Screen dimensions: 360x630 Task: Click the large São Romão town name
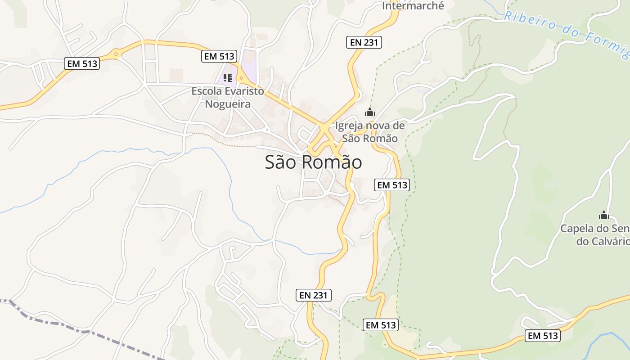pyautogui.click(x=313, y=162)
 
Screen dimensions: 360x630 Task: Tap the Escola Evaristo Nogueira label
pyautogui.click(x=228, y=97)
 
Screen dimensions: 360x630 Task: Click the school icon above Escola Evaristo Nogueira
pyautogui.click(x=228, y=78)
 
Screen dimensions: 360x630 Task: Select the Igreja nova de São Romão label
pyautogui.click(x=370, y=132)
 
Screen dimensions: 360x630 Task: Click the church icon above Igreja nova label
pyautogui.click(x=370, y=112)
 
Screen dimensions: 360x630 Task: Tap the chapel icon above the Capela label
pyautogui.click(x=603, y=216)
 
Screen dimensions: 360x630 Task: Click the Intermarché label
pyautogui.click(x=413, y=6)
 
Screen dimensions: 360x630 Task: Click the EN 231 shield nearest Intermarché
pyautogui.click(x=364, y=43)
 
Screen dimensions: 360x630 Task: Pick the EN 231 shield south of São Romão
pyautogui.click(x=314, y=295)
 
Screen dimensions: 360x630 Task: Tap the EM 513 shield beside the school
pyautogui.click(x=219, y=56)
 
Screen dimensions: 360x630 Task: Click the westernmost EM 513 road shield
pyautogui.click(x=82, y=63)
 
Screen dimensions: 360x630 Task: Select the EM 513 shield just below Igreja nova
pyautogui.click(x=392, y=184)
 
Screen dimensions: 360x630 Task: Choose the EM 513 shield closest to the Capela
pyautogui.click(x=542, y=335)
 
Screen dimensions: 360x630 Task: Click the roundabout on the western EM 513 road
pyautogui.click(x=116, y=55)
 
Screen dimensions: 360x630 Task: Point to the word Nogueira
pyautogui.click(x=228, y=104)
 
